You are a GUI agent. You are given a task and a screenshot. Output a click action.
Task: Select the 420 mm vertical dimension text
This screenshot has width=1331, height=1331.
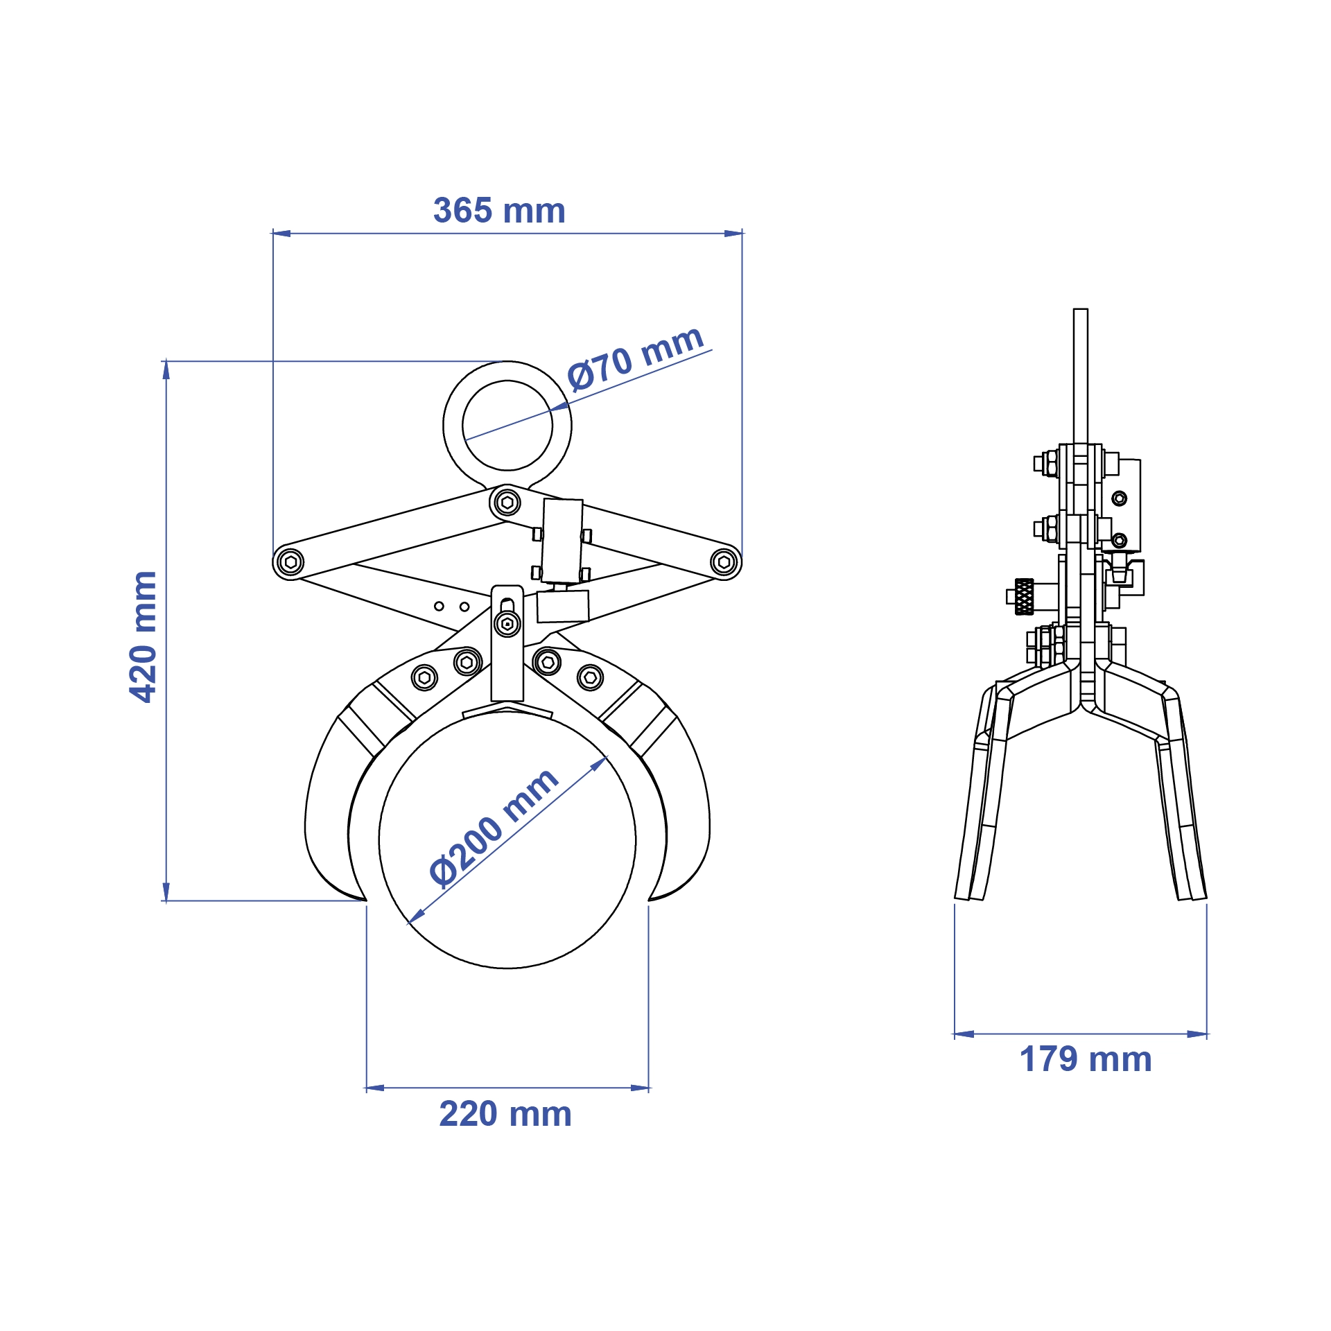pyautogui.click(x=143, y=636)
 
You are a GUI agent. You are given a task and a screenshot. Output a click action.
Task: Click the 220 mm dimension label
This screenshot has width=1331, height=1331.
pyautogui.click(x=505, y=1114)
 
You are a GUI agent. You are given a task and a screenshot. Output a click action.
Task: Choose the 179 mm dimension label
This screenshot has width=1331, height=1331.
pyautogui.click(x=1086, y=1059)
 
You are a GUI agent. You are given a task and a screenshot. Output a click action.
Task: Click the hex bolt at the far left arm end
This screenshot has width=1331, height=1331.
pyautogui.click(x=290, y=562)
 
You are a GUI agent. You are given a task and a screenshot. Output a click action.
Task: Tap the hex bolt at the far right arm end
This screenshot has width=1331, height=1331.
pyautogui.click(x=724, y=562)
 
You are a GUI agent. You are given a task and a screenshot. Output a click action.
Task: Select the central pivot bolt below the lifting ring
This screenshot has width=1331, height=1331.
pyautogui.click(x=507, y=502)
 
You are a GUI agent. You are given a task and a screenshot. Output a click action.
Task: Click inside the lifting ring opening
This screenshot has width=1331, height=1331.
pyautogui.click(x=507, y=426)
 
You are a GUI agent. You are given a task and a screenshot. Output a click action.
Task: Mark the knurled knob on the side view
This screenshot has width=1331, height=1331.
pyautogui.click(x=1024, y=596)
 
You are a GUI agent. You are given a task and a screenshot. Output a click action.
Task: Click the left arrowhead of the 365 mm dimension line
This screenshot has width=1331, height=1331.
pyautogui.click(x=281, y=234)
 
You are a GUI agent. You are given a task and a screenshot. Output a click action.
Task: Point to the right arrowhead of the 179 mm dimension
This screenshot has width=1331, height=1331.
pyautogui.click(x=1198, y=1034)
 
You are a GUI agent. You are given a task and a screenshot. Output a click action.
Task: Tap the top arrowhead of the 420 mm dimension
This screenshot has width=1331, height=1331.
pyautogui.click(x=166, y=369)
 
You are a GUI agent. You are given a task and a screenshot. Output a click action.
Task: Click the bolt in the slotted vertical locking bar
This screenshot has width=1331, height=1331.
pyautogui.click(x=507, y=624)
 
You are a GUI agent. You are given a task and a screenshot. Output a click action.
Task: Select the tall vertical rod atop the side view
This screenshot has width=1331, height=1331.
pyautogui.click(x=1080, y=374)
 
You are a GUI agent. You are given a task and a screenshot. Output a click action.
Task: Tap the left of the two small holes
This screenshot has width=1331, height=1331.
pyautogui.click(x=439, y=606)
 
